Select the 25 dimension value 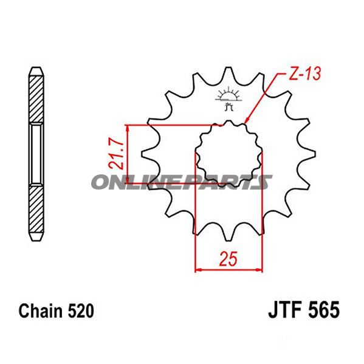(227, 261)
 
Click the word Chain (41, 312)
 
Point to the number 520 (80, 312)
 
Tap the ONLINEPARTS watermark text (181, 182)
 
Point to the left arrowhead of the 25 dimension (198, 267)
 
